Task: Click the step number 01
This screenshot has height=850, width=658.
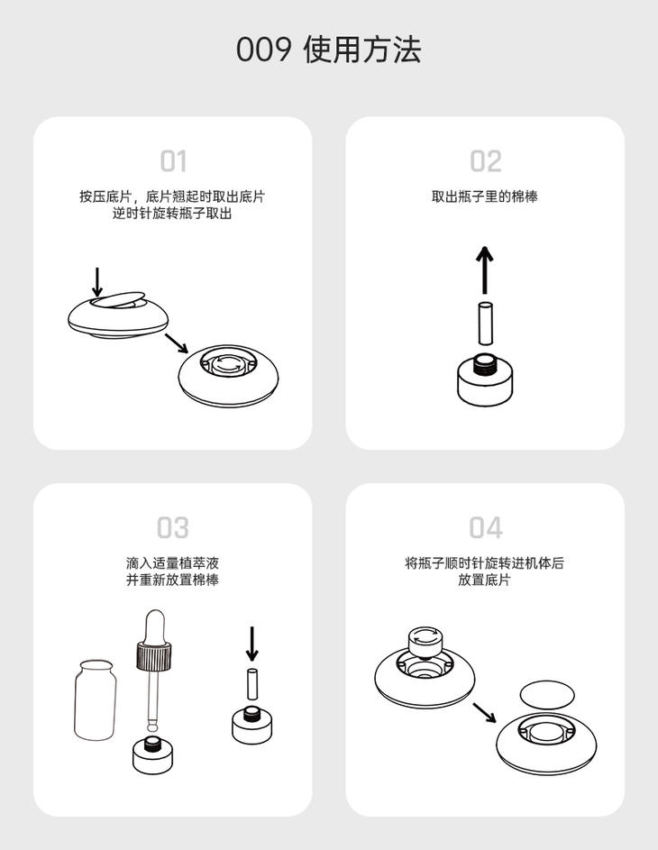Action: (173, 161)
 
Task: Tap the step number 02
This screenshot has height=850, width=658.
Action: (486, 161)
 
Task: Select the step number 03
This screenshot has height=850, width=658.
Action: (173, 527)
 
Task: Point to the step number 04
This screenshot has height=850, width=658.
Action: (486, 527)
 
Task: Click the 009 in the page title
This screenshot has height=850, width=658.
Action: (263, 50)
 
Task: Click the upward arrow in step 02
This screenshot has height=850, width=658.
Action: (485, 270)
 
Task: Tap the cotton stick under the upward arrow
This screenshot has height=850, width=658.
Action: (486, 323)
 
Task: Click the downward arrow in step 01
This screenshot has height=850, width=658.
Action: (97, 282)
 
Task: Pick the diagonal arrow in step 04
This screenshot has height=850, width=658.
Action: (484, 713)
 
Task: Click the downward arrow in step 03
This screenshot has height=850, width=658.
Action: (252, 644)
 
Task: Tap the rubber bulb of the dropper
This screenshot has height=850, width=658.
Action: (154, 626)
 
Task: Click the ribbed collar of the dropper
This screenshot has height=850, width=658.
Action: (154, 655)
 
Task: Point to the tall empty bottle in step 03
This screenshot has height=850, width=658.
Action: (96, 699)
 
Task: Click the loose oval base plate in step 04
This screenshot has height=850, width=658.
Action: (547, 694)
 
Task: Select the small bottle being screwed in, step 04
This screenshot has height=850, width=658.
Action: (426, 643)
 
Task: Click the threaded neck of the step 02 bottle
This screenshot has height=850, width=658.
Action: (486, 364)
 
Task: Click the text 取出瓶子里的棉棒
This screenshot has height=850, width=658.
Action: (485, 197)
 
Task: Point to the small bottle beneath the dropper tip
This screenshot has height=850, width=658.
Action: (153, 754)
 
